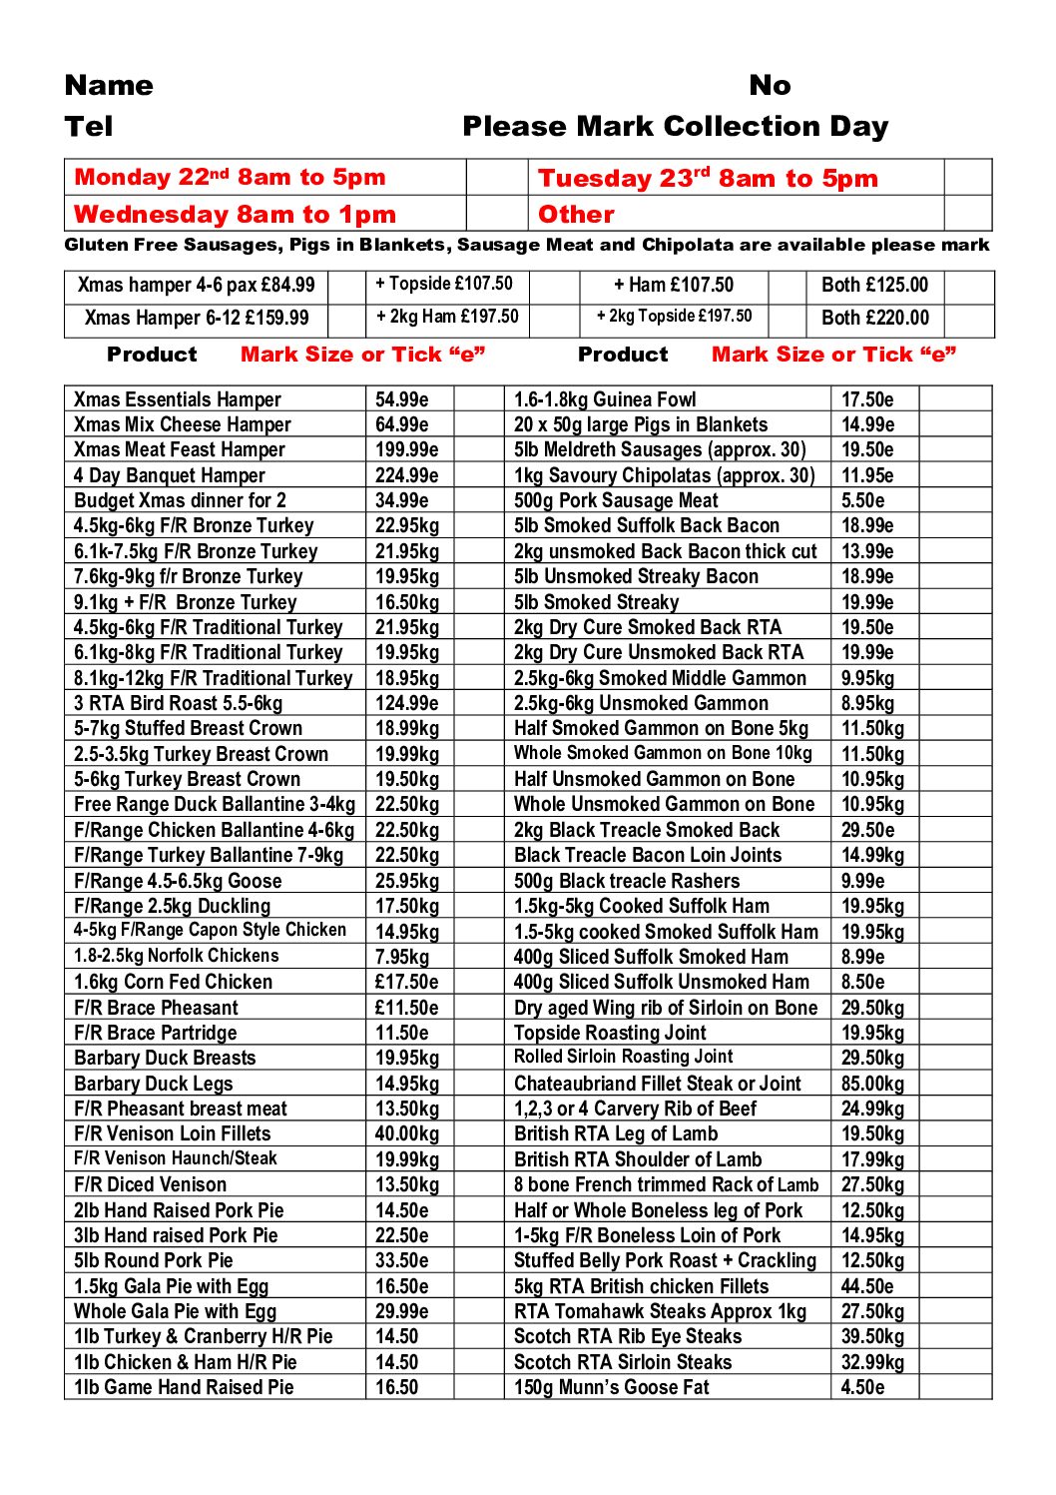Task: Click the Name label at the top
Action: click(109, 86)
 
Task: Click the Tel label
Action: click(89, 127)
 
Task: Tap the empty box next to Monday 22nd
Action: click(496, 178)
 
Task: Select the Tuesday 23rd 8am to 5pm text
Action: click(708, 178)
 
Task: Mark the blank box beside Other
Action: click(967, 214)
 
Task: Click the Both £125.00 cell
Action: click(874, 286)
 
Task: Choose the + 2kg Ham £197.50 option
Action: click(447, 318)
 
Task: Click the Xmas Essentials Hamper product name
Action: click(178, 399)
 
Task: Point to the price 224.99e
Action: click(406, 475)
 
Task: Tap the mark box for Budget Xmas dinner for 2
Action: click(479, 500)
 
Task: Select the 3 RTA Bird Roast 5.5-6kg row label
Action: click(178, 703)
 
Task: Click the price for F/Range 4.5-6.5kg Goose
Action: click(406, 881)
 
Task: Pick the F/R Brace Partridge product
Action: click(156, 1033)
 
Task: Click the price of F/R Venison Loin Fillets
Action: click(406, 1133)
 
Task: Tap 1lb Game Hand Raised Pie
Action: click(184, 1387)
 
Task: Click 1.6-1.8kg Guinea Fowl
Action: click(605, 399)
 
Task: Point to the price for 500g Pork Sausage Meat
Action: click(862, 500)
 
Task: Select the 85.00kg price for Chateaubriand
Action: click(872, 1084)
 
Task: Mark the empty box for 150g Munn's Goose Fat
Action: click(954, 1387)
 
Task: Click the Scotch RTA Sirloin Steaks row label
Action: click(623, 1362)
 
